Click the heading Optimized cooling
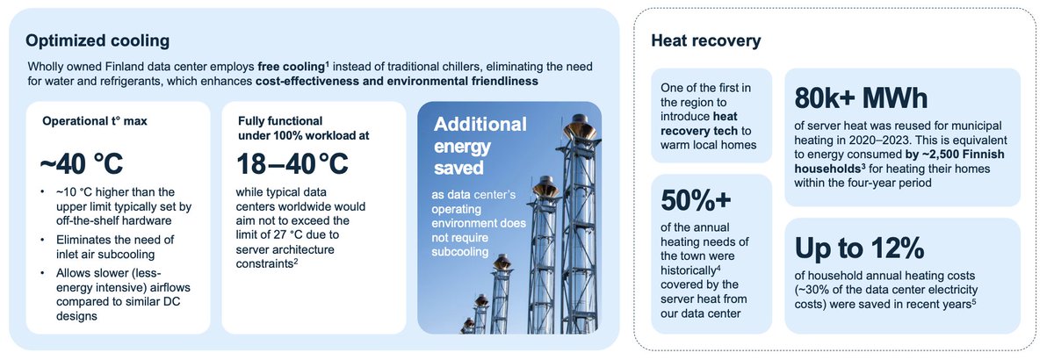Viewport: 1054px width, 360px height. pyautogui.click(x=97, y=41)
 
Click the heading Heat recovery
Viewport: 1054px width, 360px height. pyautogui.click(x=706, y=41)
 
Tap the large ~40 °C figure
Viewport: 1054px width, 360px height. pyautogui.click(x=82, y=164)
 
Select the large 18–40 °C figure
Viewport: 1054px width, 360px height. pyautogui.click(x=292, y=164)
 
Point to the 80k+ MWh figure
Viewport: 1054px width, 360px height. pyautogui.click(x=861, y=98)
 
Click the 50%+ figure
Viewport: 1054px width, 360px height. pyautogui.click(x=696, y=200)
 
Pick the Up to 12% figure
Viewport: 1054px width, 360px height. pyautogui.click(x=859, y=248)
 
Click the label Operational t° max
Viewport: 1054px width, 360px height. pyautogui.click(x=95, y=121)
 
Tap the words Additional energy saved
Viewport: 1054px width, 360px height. pyautogui.click(x=480, y=146)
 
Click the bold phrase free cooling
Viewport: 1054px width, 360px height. pyautogui.click(x=292, y=67)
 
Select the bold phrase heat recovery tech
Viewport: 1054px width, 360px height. pyautogui.click(x=699, y=124)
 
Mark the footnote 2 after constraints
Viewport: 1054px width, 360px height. pyautogui.click(x=296, y=261)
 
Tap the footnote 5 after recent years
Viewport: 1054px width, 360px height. pyautogui.click(x=973, y=301)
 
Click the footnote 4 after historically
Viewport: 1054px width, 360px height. pyautogui.click(x=718, y=268)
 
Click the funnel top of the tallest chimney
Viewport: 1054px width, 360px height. pyautogui.click(x=581, y=127)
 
